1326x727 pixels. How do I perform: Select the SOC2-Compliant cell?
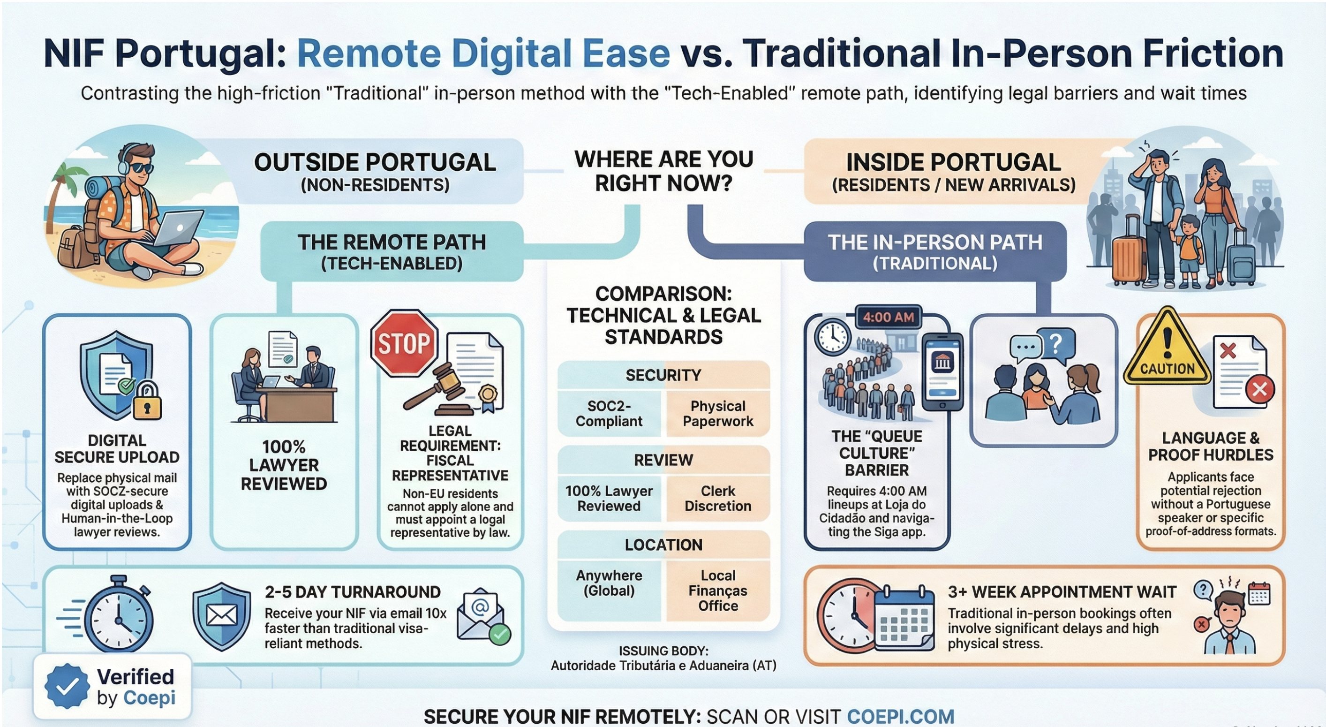click(609, 413)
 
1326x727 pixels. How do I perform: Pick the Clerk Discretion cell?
click(717, 499)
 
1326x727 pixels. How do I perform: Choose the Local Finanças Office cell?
click(717, 590)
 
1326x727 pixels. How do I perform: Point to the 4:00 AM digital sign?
click(889, 317)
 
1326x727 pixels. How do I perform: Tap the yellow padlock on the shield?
click(147, 401)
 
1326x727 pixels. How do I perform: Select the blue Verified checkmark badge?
click(67, 686)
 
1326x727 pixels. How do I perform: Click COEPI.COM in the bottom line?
click(900, 716)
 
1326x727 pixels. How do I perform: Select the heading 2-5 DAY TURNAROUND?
click(353, 592)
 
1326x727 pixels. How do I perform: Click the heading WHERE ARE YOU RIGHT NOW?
click(663, 171)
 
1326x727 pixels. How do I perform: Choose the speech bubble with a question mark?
click(1056, 342)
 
